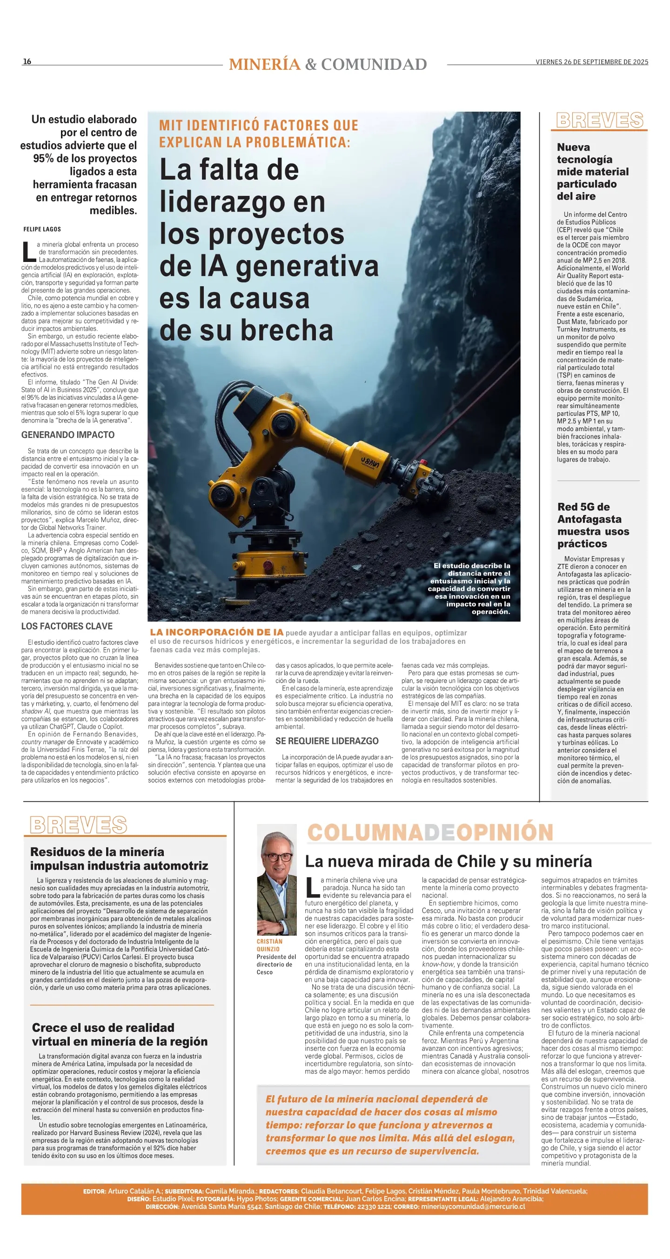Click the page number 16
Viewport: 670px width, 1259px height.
[27, 61]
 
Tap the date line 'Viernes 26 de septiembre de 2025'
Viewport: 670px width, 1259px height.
[591, 62]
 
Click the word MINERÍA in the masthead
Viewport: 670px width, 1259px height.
[264, 65]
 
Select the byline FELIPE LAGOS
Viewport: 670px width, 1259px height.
[42, 229]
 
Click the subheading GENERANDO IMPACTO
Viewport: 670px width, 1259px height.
[68, 435]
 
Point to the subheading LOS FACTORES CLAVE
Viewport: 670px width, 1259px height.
[67, 627]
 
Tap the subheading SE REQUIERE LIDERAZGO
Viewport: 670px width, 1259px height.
[327, 741]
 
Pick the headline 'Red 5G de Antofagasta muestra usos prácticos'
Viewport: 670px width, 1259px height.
[593, 525]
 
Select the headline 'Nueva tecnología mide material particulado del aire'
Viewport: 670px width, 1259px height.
[592, 172]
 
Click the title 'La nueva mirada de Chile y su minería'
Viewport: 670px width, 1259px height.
[448, 861]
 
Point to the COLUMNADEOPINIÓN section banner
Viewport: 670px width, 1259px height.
[430, 832]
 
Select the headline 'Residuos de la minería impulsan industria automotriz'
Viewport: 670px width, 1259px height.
[119, 859]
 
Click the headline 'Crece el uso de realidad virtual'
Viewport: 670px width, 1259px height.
[120, 1034]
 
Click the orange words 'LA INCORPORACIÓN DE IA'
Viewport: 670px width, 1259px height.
[216, 632]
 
